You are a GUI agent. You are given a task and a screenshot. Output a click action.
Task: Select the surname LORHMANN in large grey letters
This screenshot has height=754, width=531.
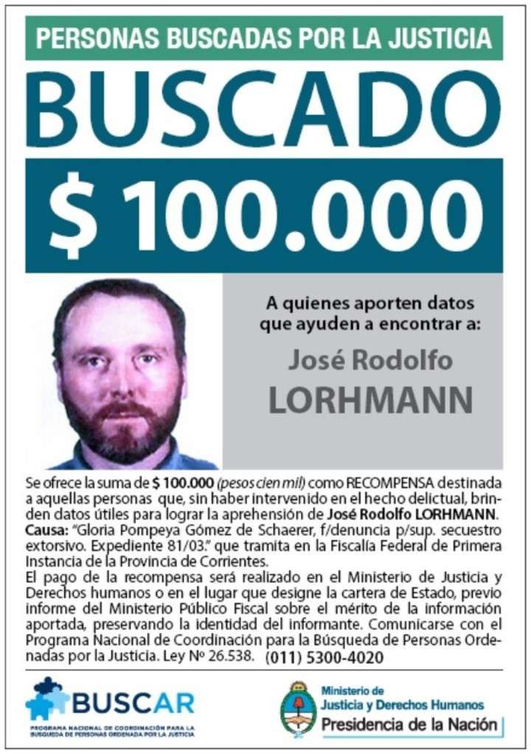370,400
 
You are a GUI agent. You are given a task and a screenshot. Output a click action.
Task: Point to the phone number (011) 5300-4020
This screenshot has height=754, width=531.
324,657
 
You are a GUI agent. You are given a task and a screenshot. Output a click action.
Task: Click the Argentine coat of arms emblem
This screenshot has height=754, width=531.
298,708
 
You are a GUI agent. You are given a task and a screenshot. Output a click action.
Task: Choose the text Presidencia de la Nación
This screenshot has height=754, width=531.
409,724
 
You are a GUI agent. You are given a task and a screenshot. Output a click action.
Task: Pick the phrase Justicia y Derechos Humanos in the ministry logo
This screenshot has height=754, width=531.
402,705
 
